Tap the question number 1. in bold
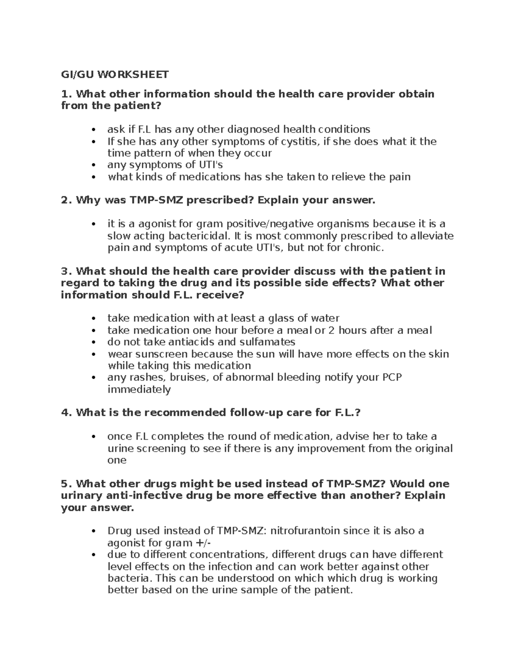point(66,94)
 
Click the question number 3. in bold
point(66,271)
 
